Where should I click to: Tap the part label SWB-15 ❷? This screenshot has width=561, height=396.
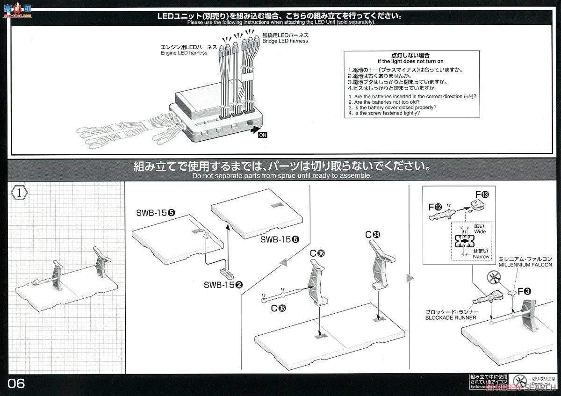tap(226, 284)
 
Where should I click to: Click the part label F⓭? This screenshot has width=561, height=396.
tap(481, 194)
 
